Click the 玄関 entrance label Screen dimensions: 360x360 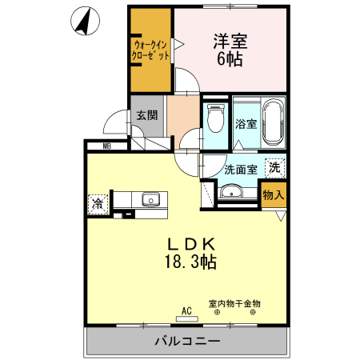[146, 114]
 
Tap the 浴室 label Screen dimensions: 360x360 [246, 125]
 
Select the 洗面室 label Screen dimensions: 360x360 [240, 169]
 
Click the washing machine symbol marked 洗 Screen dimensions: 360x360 [274, 168]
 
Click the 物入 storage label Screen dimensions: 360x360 [273, 195]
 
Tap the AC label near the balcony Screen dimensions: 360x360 [187, 311]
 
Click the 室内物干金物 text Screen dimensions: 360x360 [234, 303]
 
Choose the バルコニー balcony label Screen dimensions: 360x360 [186, 342]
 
